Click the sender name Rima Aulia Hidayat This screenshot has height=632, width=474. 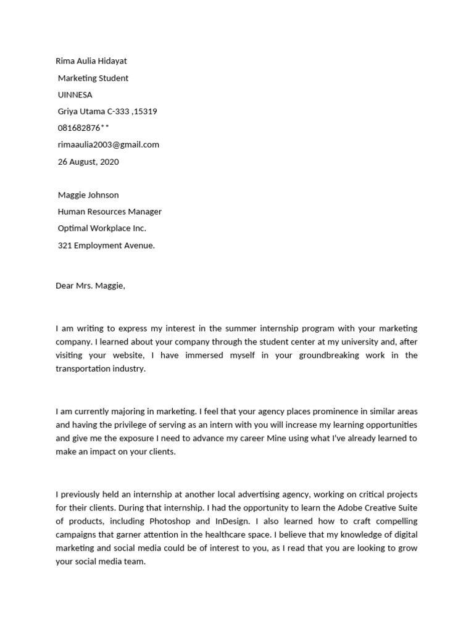pos(91,61)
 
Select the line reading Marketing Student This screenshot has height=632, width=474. pos(93,78)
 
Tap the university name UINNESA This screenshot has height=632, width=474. pos(75,94)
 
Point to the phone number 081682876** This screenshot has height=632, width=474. pos(83,128)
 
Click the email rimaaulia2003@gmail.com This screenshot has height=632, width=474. pos(109,144)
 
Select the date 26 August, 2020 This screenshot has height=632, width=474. pos(88,162)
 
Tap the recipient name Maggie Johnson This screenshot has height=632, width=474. pos(88,195)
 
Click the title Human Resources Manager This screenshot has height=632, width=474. pos(110,212)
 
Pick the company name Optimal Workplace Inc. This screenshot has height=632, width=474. pos(102,228)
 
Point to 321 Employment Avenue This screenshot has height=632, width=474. pos(106,245)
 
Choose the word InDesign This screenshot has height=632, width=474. pos(243,521)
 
